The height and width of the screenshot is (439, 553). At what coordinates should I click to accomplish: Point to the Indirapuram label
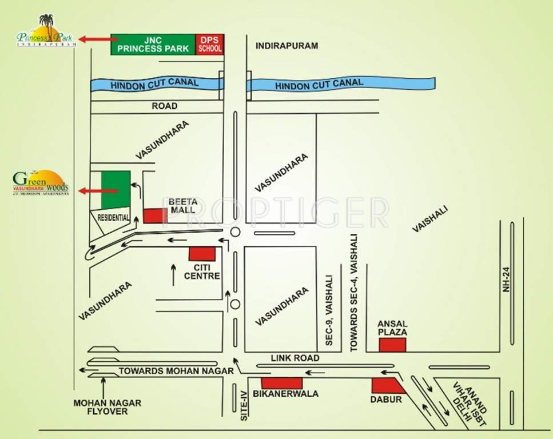click(287, 45)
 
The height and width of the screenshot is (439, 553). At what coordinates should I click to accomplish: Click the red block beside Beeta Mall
click(155, 216)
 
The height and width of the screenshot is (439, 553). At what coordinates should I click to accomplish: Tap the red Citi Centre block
click(202, 254)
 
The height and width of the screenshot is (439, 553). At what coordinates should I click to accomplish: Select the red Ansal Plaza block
click(393, 345)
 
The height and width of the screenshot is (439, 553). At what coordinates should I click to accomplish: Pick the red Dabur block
click(388, 386)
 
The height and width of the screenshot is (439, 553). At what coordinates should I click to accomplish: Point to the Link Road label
click(296, 358)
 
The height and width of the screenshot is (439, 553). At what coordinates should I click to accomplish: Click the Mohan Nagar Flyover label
click(108, 407)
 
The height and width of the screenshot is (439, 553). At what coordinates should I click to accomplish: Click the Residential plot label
click(113, 218)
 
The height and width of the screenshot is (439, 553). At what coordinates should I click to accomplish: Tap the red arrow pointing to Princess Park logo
click(98, 39)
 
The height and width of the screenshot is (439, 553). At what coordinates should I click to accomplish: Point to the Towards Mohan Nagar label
click(176, 371)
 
